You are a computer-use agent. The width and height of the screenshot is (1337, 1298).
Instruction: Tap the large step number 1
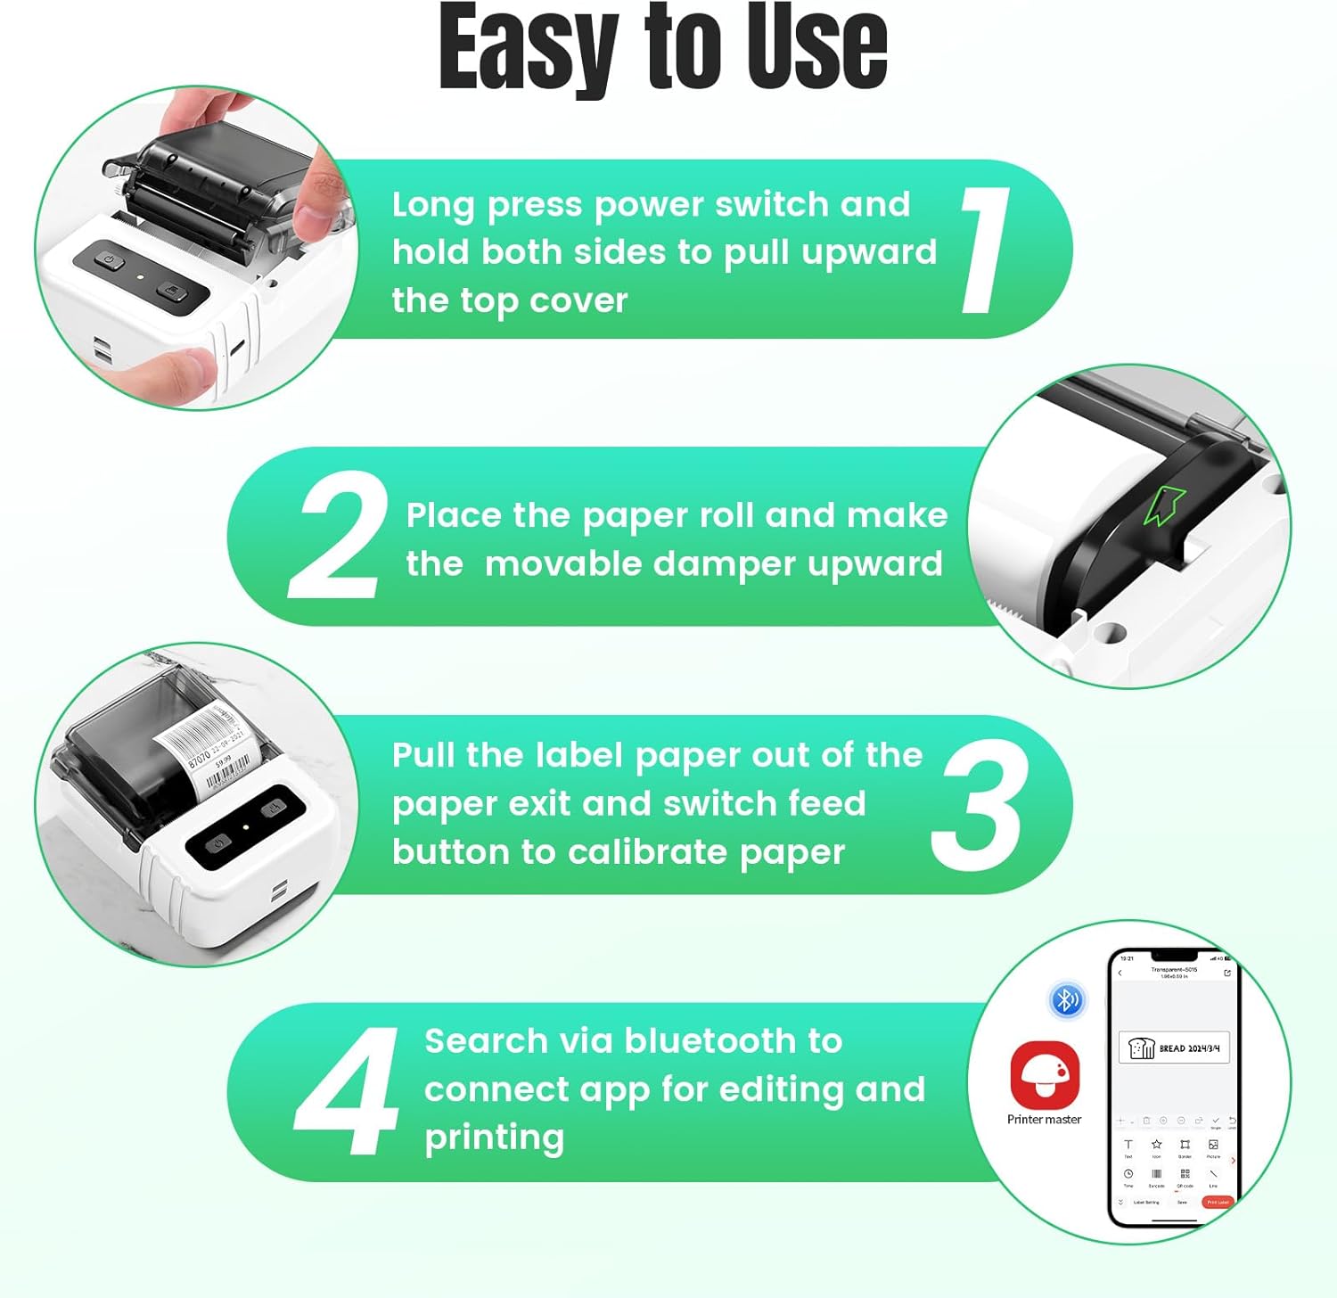(986, 251)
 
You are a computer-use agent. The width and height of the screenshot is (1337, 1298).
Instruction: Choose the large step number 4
(348, 1091)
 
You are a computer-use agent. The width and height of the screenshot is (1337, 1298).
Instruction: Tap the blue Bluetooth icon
(1066, 1000)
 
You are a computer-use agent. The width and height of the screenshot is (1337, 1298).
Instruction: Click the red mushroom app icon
(1045, 1074)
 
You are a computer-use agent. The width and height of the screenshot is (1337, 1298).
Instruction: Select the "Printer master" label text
(1044, 1120)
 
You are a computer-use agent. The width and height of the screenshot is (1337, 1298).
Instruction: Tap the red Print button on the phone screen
(1218, 1203)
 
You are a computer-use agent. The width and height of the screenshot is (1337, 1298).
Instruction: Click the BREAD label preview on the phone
(1174, 1048)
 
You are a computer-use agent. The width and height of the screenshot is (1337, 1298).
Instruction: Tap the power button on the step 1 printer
(109, 260)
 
